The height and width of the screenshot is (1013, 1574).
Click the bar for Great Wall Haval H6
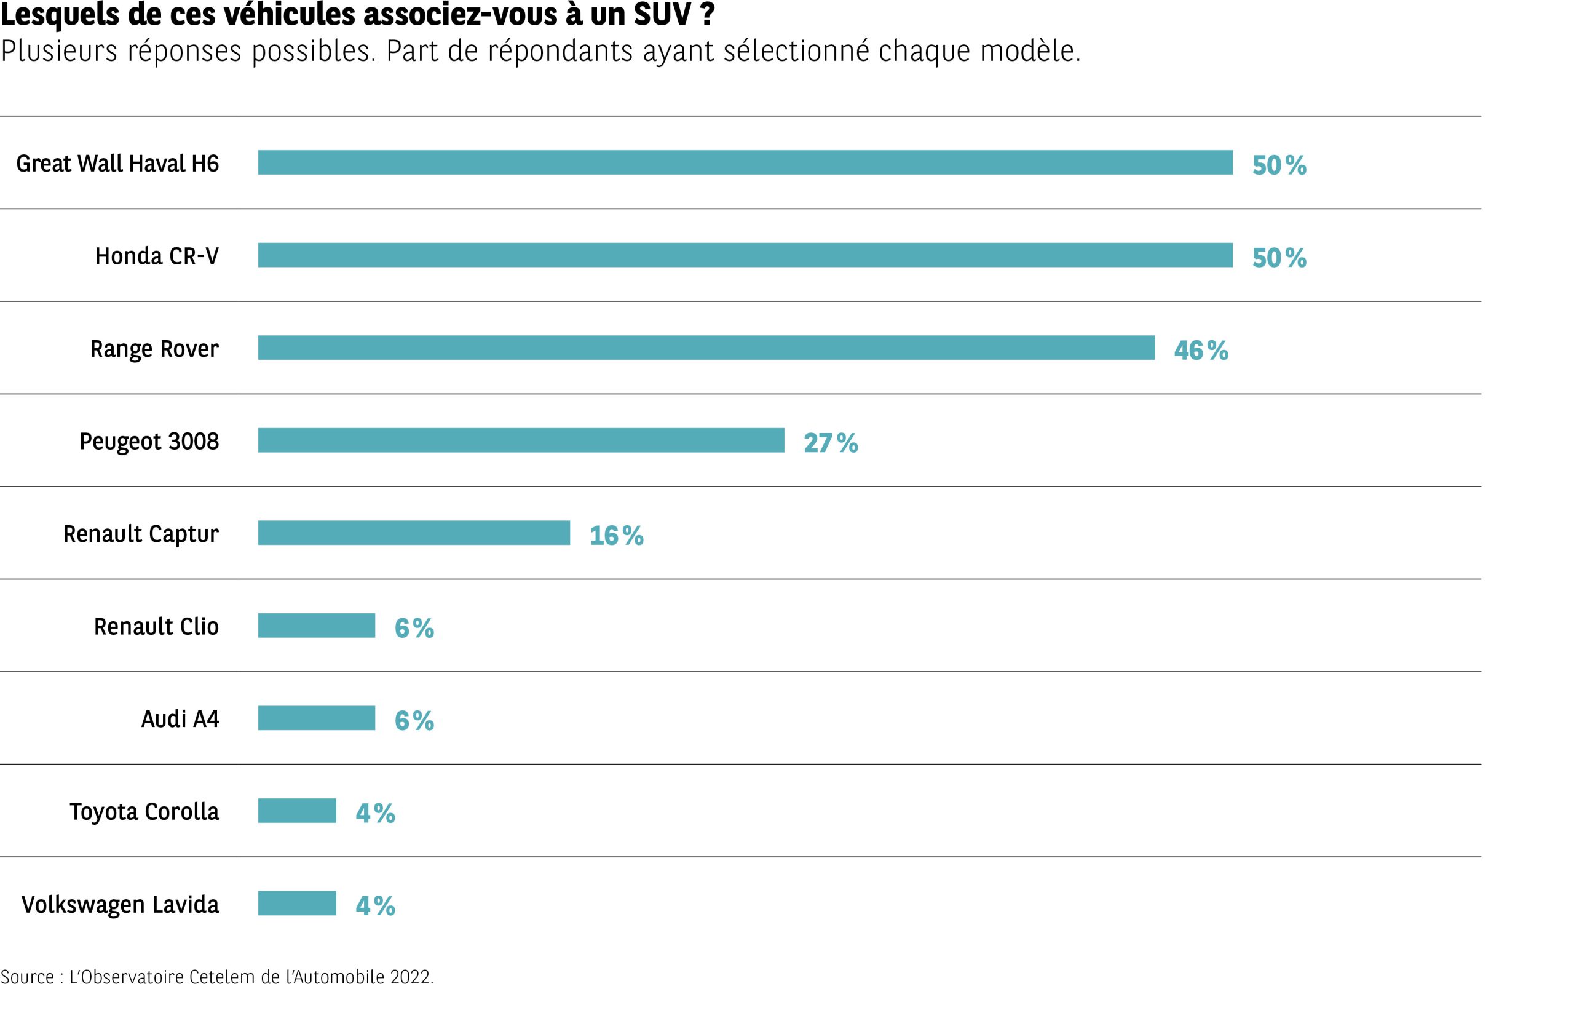coord(745,162)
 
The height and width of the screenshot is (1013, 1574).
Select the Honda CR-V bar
coord(745,255)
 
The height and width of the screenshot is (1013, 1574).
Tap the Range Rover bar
coord(706,348)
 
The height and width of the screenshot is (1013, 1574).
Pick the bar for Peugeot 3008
coord(521,441)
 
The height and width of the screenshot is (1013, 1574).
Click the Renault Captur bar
coord(414,533)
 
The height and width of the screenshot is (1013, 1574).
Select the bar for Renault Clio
coord(316,626)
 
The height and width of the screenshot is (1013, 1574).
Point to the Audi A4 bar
coord(316,718)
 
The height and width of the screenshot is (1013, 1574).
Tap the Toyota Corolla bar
coord(296,811)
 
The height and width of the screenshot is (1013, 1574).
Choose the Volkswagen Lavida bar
coord(296,903)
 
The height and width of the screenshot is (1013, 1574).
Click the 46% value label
coord(1201,351)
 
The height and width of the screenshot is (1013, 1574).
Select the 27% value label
coord(831,443)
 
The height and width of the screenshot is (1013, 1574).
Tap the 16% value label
coord(616,536)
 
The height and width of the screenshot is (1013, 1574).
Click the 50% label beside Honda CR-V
coord(1279,258)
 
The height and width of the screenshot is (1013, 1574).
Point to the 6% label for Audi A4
coord(414,721)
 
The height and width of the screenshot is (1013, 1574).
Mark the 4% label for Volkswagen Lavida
coord(376,907)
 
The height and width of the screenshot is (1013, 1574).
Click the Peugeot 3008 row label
coord(149,442)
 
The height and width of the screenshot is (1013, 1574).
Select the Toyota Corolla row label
coord(144,812)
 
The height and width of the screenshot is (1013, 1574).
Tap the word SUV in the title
coord(662,15)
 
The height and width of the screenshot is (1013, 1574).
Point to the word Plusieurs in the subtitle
coord(59,51)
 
